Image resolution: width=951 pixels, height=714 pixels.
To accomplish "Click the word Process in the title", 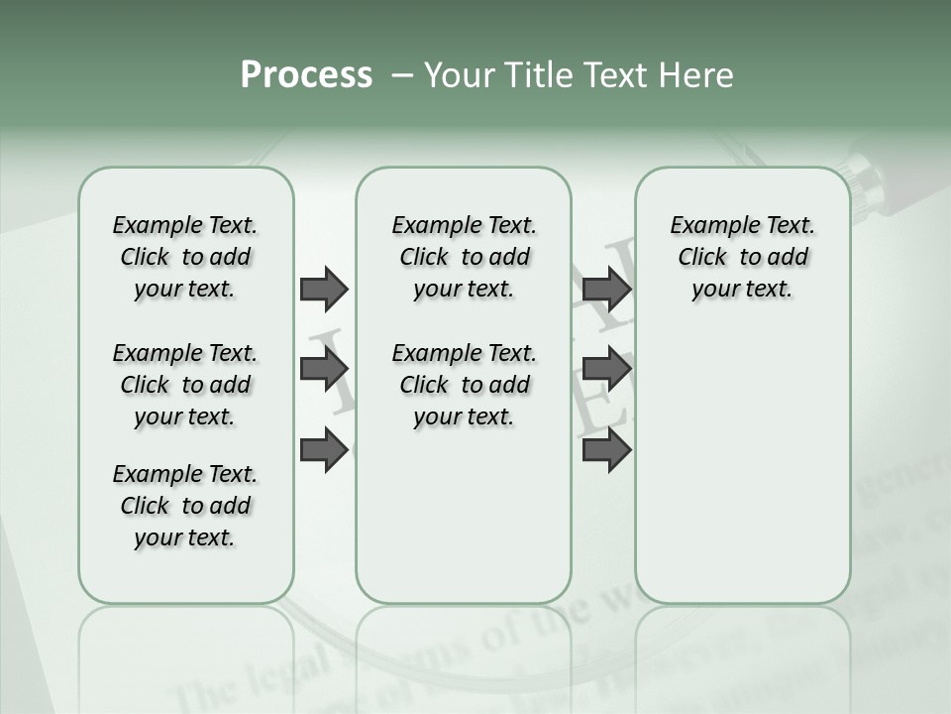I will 306,75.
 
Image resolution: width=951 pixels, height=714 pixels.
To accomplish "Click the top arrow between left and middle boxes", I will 324,289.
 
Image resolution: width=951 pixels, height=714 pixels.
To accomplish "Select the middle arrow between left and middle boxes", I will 324,369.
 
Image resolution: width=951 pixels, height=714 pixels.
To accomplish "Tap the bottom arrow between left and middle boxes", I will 324,450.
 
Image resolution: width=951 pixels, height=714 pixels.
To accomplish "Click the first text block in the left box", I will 185,257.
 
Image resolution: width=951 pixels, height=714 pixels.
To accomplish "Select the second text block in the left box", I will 185,385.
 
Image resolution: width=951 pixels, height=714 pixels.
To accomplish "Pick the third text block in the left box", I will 185,506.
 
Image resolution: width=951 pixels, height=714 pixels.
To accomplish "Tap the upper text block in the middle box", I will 464,257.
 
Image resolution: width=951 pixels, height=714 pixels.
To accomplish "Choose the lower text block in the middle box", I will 464,385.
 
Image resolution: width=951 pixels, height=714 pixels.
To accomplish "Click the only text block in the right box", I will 742,257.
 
